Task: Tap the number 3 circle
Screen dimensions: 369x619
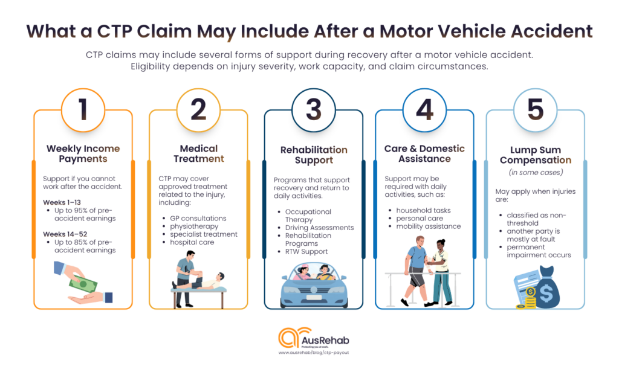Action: click(313, 111)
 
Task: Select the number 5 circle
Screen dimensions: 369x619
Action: click(535, 111)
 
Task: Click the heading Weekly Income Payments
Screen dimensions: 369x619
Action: click(83, 153)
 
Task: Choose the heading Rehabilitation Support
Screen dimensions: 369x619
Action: click(313, 155)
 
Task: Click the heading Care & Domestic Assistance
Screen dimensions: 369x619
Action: click(424, 153)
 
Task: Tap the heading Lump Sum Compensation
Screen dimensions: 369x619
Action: click(535, 155)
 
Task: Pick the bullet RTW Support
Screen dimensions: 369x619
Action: click(307, 251)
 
